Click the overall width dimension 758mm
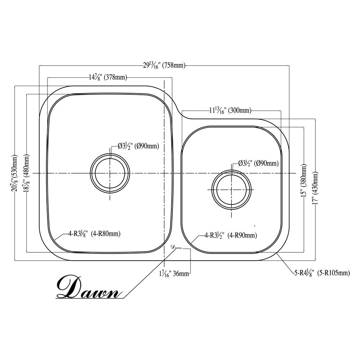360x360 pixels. pos(164,66)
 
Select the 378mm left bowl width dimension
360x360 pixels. pos(107,77)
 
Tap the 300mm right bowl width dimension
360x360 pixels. pos(230,111)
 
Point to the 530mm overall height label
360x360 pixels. pos(15,173)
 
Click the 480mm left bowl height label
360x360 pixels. pos(27,173)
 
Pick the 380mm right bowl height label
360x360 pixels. pos(305,180)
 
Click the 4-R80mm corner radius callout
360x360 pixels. pos(94,234)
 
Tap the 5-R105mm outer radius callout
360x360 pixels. pos(321,273)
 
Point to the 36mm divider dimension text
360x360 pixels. pos(174,274)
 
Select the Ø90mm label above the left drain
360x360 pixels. pos(138,146)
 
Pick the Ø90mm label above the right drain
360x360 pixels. pos(258,163)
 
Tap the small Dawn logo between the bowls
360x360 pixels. pos(176,247)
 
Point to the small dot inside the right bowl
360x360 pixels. pos(255,226)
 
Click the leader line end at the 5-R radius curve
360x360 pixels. pos(278,253)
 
